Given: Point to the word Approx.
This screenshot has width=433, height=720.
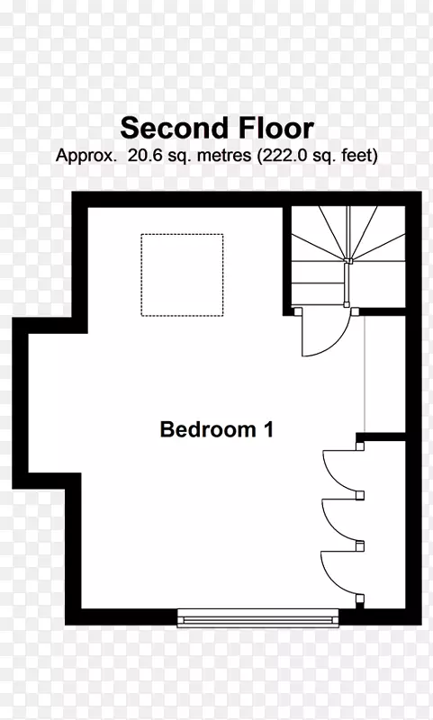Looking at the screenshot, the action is [x=86, y=156].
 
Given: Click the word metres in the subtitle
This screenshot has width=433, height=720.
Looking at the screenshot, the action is [x=224, y=155].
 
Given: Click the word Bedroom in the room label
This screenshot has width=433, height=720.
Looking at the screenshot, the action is [x=208, y=429].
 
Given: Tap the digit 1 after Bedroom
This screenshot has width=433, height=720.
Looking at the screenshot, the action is [x=268, y=429].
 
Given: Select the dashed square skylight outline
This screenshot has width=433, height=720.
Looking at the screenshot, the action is [x=182, y=234].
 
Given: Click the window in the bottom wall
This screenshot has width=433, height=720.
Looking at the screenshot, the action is [x=258, y=617].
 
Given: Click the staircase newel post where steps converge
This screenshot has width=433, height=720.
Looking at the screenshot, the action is [x=347, y=261].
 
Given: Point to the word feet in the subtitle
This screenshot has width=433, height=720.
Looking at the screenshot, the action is [x=359, y=155].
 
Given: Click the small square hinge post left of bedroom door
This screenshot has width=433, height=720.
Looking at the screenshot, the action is [x=298, y=311].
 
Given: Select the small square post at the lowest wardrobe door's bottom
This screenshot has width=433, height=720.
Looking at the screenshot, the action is [x=360, y=598].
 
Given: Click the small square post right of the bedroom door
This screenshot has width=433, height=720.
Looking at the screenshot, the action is [x=355, y=311].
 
